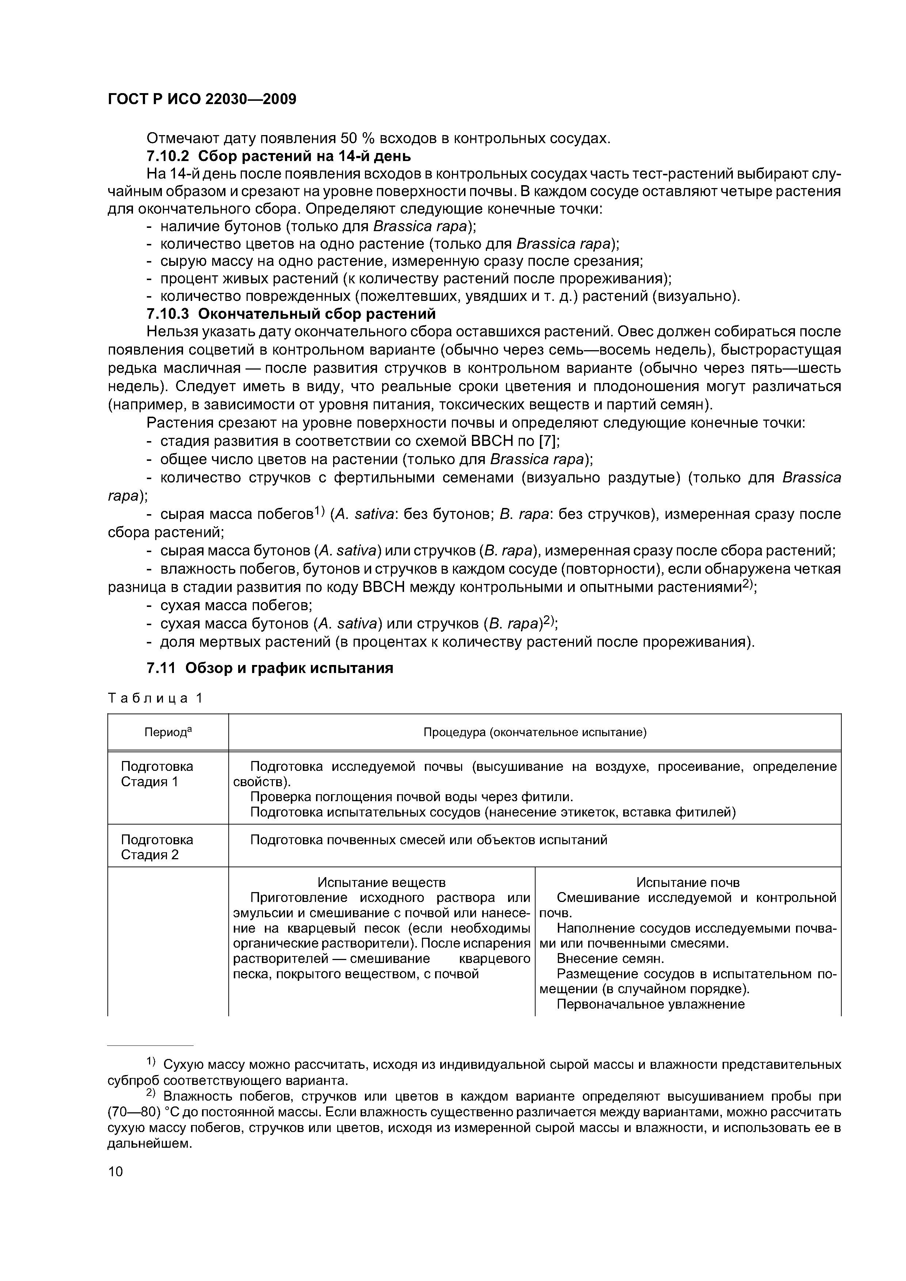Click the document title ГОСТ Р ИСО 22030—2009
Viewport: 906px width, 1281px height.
click(202, 99)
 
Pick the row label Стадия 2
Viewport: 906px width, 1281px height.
click(150, 855)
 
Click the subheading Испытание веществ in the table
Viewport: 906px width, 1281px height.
click(381, 882)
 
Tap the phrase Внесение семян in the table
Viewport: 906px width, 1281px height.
click(610, 959)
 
